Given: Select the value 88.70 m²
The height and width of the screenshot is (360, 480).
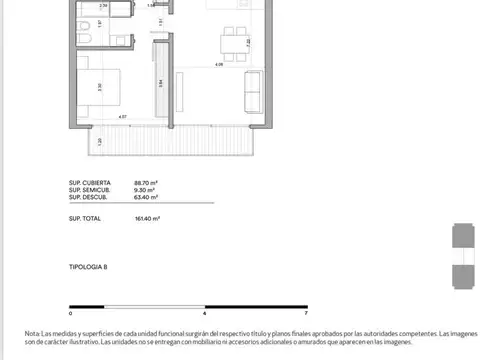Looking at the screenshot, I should [x=147, y=183].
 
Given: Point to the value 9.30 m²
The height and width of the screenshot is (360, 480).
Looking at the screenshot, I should [x=146, y=190].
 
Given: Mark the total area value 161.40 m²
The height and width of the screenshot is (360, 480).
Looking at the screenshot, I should [x=148, y=217].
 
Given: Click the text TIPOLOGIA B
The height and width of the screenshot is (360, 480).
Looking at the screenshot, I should [x=88, y=269].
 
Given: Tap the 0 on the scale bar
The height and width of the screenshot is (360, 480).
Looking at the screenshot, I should [x=70, y=312].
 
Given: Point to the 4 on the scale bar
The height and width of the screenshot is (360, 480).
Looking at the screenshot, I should [x=204, y=312].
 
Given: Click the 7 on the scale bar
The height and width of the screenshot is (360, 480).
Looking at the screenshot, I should [x=305, y=312].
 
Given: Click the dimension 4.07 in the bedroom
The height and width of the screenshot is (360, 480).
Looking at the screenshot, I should [x=122, y=118].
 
